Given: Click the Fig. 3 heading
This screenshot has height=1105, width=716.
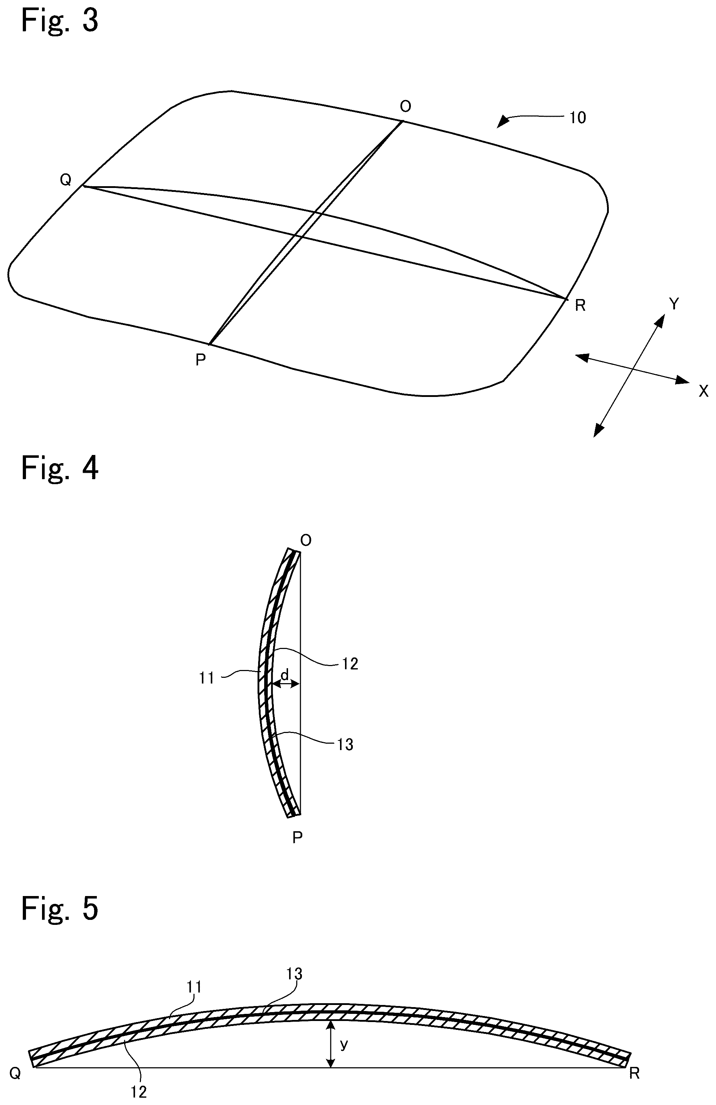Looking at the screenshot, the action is (59, 21).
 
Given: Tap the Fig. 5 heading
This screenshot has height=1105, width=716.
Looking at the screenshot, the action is (59, 908).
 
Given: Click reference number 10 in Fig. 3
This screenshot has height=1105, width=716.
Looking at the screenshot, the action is (577, 118).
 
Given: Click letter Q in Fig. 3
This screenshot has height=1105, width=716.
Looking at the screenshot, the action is (66, 180).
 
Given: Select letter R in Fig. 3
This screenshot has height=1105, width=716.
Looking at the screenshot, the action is (580, 305).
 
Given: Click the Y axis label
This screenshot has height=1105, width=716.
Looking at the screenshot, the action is (674, 304).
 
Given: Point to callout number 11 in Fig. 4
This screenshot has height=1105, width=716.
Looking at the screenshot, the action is (206, 678).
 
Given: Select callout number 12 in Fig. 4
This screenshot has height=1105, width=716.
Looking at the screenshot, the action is (350, 664).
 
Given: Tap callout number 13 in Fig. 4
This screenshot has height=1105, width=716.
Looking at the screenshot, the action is (345, 745).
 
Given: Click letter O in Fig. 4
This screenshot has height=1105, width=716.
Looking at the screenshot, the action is (306, 540).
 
